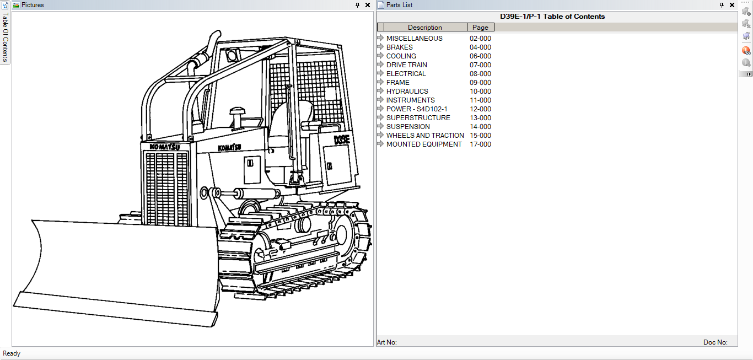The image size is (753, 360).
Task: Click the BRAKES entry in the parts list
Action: tap(399, 47)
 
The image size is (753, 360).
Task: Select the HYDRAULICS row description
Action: tap(407, 92)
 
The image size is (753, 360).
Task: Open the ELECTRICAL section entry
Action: tap(406, 74)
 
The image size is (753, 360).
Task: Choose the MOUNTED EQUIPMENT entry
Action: tap(424, 144)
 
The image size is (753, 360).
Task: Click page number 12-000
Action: tap(480, 109)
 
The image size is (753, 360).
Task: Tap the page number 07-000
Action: tap(480, 65)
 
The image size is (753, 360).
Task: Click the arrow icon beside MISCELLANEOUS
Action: tap(380, 38)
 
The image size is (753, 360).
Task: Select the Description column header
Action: tap(424, 28)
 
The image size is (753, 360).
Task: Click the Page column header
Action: tap(480, 28)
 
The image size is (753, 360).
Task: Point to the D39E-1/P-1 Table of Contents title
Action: tap(552, 17)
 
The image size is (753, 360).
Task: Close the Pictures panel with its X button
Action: tap(368, 5)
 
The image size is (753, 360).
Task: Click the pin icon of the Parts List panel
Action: tap(722, 5)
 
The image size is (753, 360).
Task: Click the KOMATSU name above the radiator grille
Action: tap(165, 147)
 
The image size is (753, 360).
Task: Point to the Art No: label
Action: tap(386, 342)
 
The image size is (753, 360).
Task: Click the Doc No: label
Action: tap(715, 342)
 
